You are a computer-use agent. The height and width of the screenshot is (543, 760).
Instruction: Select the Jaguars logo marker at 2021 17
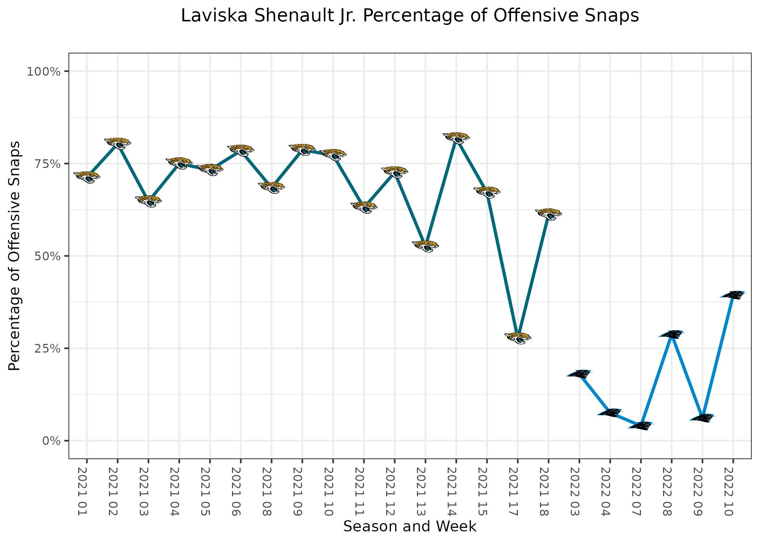click(x=518, y=338)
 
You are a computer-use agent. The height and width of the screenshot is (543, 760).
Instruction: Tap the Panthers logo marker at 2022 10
click(x=733, y=295)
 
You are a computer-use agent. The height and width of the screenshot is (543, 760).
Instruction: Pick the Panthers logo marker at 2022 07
click(x=641, y=426)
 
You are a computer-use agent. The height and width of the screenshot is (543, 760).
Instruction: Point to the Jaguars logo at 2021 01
click(x=87, y=177)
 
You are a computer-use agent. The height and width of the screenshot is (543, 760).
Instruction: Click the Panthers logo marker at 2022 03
click(x=579, y=374)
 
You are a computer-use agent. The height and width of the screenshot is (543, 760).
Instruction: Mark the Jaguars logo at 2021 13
click(x=425, y=246)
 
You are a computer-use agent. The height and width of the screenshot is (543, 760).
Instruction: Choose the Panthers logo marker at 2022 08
click(x=671, y=334)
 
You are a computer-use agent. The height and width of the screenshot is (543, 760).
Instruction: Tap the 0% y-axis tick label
click(x=51, y=441)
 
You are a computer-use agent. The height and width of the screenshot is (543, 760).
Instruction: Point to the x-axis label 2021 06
click(x=237, y=491)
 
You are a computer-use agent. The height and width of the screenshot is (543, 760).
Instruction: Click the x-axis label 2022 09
click(x=698, y=491)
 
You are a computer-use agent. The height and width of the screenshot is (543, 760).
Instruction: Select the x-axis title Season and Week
click(x=410, y=526)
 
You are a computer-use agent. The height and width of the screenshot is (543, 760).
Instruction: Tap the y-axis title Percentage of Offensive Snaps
click(x=15, y=256)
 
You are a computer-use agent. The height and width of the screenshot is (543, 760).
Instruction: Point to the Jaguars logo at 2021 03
click(x=148, y=201)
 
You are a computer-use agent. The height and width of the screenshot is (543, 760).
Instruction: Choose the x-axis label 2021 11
click(x=360, y=491)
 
